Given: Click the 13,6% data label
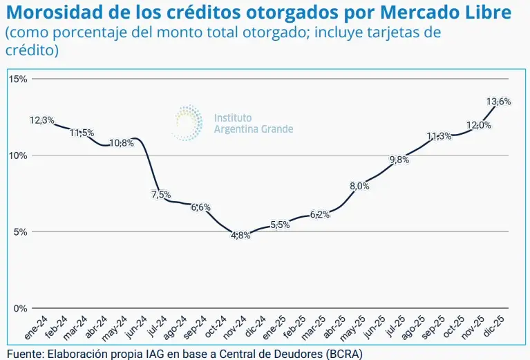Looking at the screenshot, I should pos(498,102).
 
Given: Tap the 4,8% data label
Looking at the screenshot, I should pos(240,236).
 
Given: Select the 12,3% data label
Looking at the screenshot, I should pos(42,120).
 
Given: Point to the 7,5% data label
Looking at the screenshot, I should pos(160,194).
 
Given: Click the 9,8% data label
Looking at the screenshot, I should pos(399,160).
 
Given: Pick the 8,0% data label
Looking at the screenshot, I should pos(360,185).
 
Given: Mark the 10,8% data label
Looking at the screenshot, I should pos(122,143).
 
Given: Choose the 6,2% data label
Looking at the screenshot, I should pos(319,214).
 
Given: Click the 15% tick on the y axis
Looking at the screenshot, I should pos(18,79).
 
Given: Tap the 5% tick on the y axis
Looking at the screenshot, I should pos(20,232).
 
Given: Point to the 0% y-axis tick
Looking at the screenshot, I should pos(20,308).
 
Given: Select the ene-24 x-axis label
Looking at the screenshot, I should pos(37,328).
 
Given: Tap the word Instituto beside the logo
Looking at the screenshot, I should pos(234,117).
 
